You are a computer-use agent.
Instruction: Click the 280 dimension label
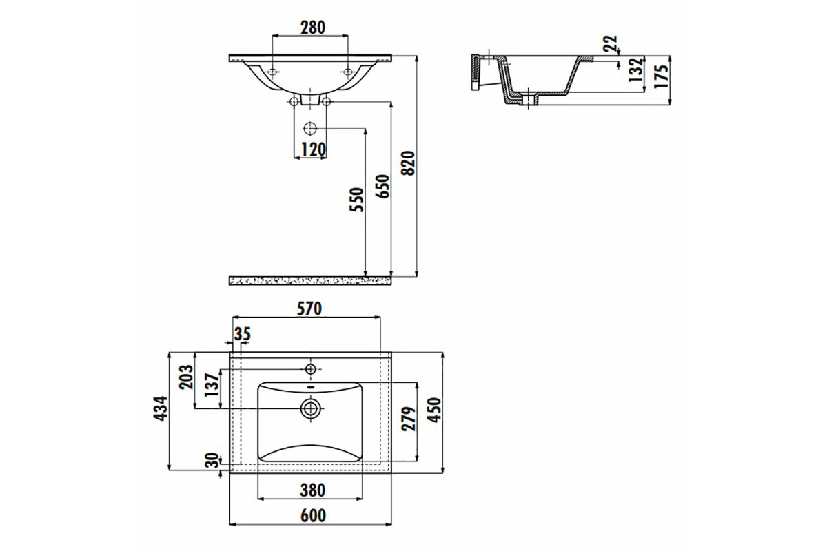coord(313,28)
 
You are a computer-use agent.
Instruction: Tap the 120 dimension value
coord(314,149)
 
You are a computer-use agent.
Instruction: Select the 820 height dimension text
coord(408,163)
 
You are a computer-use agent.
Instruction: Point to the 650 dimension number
coord(383,187)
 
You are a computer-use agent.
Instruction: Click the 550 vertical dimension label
coord(357,200)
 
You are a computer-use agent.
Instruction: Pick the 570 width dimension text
coord(309,309)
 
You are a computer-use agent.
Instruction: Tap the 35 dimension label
coord(242,334)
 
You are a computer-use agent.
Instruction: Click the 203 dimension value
coord(186,377)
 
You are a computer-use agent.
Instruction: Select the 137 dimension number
coord(212,385)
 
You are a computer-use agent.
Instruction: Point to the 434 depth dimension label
coord(161,408)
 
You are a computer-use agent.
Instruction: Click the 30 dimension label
coord(212,460)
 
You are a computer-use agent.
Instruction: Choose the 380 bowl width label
coord(313,490)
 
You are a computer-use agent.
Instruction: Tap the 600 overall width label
coord(313,516)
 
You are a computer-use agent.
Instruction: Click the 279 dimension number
coord(409,419)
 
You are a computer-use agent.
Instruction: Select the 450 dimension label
coord(434,410)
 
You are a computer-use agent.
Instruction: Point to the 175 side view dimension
coord(662,76)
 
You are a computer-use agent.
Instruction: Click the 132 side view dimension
coord(636,70)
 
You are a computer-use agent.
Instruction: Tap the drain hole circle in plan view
coord(311,408)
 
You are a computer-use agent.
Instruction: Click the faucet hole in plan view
coord(311,368)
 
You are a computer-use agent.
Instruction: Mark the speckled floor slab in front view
coord(310,281)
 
